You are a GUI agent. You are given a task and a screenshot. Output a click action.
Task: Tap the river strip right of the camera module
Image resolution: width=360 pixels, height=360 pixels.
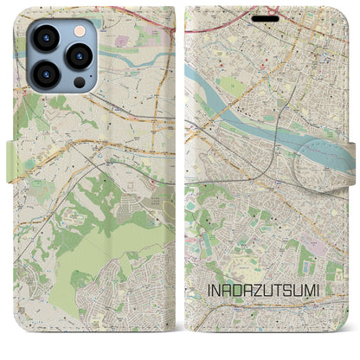pyautogui.click(x=121, y=55)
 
